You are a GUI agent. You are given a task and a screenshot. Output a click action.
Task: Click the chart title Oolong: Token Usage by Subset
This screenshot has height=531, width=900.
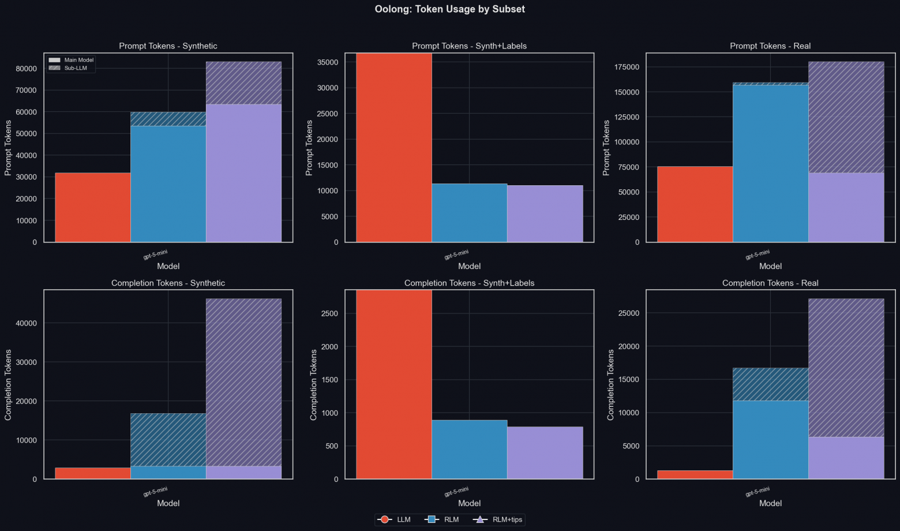(x=449, y=9)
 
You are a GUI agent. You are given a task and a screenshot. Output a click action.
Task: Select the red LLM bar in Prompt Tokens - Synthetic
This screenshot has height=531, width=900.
(x=93, y=207)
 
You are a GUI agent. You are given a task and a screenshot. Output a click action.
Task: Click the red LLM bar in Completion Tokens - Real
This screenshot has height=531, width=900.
(x=695, y=474)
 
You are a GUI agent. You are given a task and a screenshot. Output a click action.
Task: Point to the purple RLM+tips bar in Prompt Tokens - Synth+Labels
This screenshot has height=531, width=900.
(x=545, y=214)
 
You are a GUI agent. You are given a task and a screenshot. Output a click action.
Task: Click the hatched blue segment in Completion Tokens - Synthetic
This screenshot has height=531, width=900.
(x=168, y=439)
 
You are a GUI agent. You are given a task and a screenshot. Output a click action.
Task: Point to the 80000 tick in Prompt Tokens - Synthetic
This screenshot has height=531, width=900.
(x=27, y=69)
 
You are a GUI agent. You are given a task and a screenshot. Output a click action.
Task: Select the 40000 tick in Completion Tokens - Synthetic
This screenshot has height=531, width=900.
(x=27, y=323)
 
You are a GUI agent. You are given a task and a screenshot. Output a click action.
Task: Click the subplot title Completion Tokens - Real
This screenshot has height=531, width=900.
(x=770, y=283)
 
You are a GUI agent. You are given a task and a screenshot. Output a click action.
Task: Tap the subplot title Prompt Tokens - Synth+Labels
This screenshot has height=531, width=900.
(x=469, y=46)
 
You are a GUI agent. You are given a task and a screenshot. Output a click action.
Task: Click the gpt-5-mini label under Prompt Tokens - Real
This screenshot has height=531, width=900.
(x=757, y=255)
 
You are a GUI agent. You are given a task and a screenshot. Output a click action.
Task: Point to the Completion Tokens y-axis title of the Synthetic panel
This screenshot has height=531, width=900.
(x=8, y=384)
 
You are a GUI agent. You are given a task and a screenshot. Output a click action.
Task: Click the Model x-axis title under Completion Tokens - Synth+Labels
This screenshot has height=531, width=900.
(x=469, y=503)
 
